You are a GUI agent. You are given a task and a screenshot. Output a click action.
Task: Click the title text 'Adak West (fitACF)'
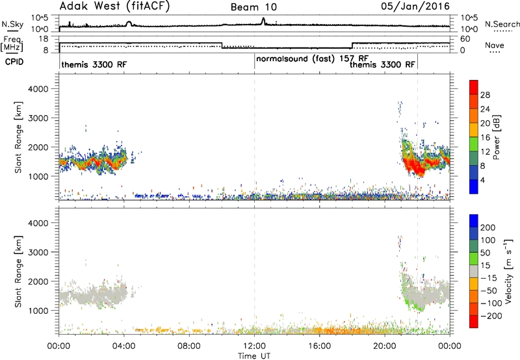[x=114, y=6]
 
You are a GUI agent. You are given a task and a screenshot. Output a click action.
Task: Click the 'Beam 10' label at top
[x=253, y=7]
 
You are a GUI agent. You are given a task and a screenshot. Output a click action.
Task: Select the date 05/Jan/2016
[x=415, y=6]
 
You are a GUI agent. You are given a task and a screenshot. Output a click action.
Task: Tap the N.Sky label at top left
[x=12, y=24]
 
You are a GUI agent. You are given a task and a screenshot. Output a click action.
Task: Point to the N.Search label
[x=502, y=24]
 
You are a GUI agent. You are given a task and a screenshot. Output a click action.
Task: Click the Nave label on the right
[x=495, y=45]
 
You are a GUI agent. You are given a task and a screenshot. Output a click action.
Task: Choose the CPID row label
[x=14, y=62]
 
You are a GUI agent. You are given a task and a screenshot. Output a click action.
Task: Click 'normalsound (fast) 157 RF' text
[x=313, y=59]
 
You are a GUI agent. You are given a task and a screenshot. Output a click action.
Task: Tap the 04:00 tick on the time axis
[x=124, y=346]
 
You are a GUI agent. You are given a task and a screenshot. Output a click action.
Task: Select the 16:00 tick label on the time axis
[x=319, y=346]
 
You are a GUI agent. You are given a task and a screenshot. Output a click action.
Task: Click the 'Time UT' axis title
[x=254, y=356]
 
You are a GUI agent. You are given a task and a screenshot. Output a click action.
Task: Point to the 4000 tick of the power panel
[x=38, y=89]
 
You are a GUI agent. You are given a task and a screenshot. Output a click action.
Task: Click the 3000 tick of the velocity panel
[x=38, y=252]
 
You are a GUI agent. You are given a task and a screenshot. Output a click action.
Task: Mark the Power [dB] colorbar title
[x=497, y=137]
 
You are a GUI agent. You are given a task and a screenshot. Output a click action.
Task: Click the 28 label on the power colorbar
[x=485, y=95]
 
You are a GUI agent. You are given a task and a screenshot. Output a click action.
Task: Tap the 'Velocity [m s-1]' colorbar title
[x=509, y=271]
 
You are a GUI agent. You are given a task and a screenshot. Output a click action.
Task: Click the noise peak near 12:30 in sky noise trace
[x=263, y=20]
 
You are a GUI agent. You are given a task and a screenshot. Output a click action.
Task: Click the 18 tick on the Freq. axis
[x=44, y=39]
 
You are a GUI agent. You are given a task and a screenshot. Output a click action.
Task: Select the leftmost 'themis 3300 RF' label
[x=94, y=64]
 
